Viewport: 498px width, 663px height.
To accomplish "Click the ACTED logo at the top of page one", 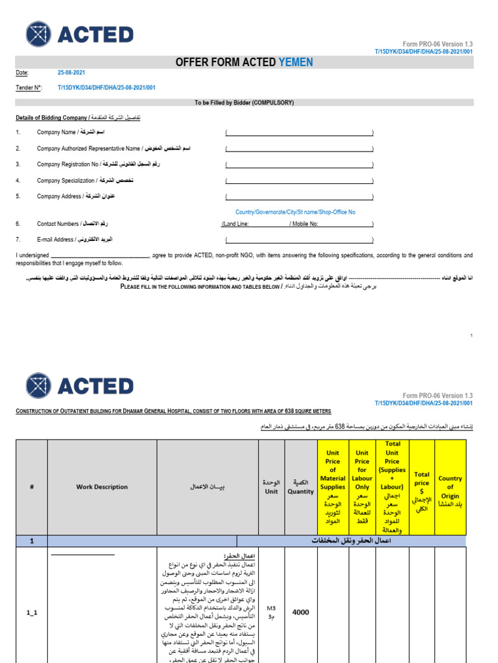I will pyautogui.click(x=79, y=35).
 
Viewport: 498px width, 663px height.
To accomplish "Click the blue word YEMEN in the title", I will pyautogui.click(x=296, y=62).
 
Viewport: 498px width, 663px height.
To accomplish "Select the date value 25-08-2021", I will pyautogui.click(x=71, y=73).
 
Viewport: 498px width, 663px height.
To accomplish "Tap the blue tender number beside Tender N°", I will pyautogui.click(x=106, y=87).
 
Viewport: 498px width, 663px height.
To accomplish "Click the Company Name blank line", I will pyautogui.click(x=299, y=133).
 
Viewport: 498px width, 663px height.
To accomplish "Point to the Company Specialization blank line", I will pyautogui.click(x=299, y=181).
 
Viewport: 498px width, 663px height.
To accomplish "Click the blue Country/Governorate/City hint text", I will pyautogui.click(x=295, y=212).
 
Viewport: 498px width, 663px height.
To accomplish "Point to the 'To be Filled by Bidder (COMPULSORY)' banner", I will pyautogui.click(x=244, y=102).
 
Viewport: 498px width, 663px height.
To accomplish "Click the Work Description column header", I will pyautogui.click(x=102, y=487).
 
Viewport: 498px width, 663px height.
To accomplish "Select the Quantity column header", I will pyautogui.click(x=300, y=487).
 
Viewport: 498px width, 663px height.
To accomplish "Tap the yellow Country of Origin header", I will pyautogui.click(x=450, y=487).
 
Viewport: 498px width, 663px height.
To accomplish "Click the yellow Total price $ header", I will pyautogui.click(x=421, y=487).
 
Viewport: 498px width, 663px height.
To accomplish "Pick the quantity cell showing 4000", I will pyautogui.click(x=300, y=612).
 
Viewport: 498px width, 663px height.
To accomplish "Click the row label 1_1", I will pyautogui.click(x=32, y=612).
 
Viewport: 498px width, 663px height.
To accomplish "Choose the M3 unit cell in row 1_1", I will pyautogui.click(x=270, y=612).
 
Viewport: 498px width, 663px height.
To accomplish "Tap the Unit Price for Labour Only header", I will pyautogui.click(x=362, y=487).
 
